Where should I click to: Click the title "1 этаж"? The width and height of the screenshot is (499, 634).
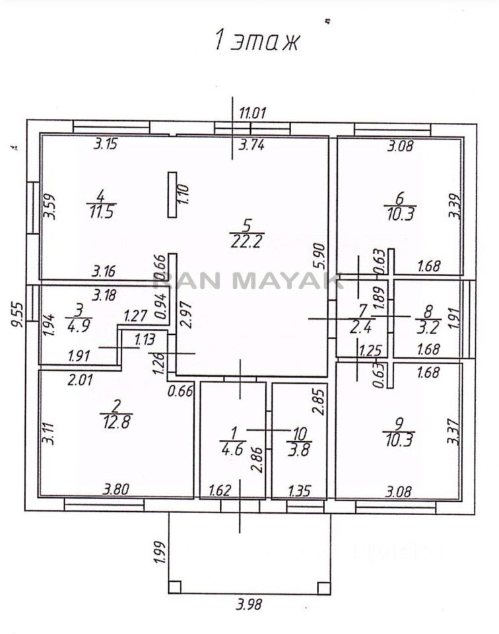[256, 41]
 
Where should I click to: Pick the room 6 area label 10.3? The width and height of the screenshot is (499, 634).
[398, 215]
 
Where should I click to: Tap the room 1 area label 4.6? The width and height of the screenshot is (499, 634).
[233, 452]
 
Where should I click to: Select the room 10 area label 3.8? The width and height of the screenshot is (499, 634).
[300, 452]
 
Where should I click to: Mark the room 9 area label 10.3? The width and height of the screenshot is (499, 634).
[398, 441]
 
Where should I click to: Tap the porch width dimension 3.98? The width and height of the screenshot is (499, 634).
[248, 605]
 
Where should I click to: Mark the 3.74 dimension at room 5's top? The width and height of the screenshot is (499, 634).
[251, 147]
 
